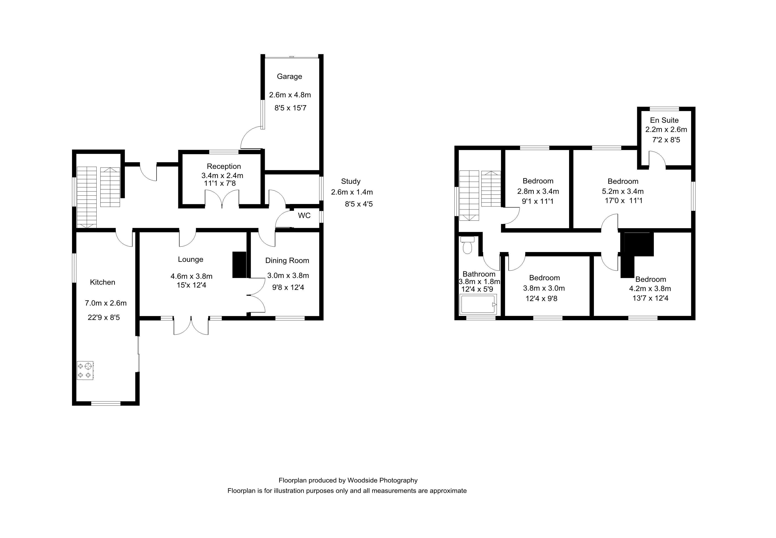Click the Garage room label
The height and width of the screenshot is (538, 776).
(x=289, y=76)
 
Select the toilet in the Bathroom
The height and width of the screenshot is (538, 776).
(x=467, y=245)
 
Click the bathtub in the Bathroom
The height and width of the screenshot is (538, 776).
(x=478, y=304)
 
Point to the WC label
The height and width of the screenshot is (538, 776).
(x=304, y=215)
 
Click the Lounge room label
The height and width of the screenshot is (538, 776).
(x=191, y=259)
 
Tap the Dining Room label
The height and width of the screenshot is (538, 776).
(x=287, y=260)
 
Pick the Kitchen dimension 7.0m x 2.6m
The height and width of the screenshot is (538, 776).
(x=106, y=303)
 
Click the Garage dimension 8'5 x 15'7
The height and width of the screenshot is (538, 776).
(x=290, y=108)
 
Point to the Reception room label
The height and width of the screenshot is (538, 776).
(x=224, y=166)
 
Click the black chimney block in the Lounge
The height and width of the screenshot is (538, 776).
(x=240, y=265)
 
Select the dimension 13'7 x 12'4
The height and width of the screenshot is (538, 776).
(x=650, y=298)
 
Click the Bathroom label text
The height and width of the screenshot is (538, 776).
(x=479, y=274)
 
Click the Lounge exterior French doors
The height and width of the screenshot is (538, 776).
(x=191, y=326)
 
